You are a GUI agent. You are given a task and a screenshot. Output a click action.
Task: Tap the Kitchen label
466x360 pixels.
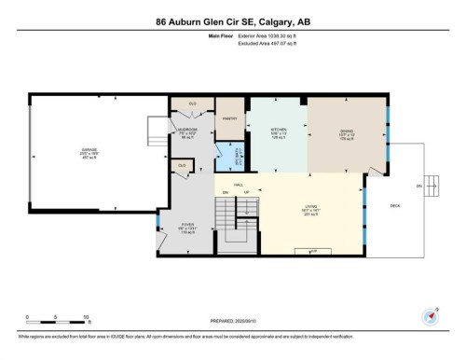point(278,130)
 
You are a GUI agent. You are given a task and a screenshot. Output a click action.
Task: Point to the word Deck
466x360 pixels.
point(394,204)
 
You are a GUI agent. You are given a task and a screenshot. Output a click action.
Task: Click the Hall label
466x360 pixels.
point(239,185)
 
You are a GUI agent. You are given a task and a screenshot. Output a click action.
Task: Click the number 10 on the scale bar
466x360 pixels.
point(86,318)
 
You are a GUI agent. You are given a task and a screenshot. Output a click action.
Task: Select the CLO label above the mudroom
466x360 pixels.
point(193,103)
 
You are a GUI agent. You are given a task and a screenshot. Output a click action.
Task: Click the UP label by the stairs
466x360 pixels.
point(246,193)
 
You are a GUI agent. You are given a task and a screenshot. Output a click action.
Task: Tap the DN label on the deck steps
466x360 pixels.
point(418,187)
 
